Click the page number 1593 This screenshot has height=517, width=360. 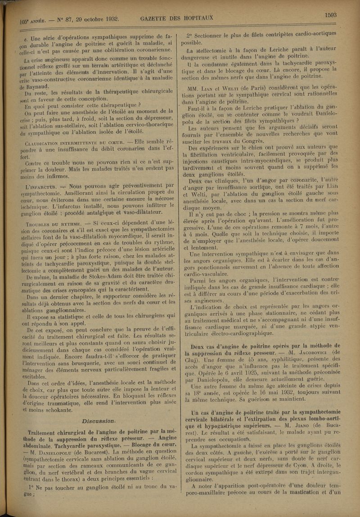[331, 15]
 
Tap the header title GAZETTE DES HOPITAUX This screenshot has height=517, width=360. [176, 18]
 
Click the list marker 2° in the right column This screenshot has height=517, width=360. [190, 36]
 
